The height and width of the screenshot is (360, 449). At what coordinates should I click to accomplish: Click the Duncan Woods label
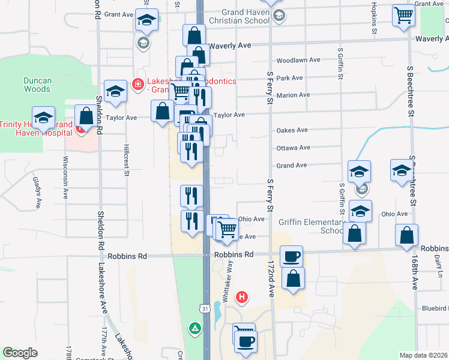[x=37, y=85]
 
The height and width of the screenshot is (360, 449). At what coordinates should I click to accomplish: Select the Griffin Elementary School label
[x=311, y=226]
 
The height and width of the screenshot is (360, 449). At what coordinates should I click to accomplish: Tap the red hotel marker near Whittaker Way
[x=241, y=296]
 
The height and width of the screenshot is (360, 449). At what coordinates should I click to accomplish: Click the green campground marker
[x=194, y=328]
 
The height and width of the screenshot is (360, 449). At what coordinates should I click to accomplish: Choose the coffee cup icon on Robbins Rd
[x=291, y=256]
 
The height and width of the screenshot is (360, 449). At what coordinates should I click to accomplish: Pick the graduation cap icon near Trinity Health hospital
[x=43, y=118]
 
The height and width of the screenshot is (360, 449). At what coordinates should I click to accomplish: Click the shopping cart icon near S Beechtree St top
[x=404, y=16]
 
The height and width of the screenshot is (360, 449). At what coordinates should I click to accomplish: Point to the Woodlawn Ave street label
[x=298, y=61]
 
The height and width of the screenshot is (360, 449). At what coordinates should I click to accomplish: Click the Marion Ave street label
[x=293, y=95]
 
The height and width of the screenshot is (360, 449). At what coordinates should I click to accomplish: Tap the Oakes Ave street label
[x=292, y=130]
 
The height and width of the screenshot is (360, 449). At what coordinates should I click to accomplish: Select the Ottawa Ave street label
[x=293, y=148]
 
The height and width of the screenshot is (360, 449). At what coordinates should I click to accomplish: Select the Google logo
[x=20, y=353]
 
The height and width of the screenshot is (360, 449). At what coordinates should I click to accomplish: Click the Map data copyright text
[x=423, y=355]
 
